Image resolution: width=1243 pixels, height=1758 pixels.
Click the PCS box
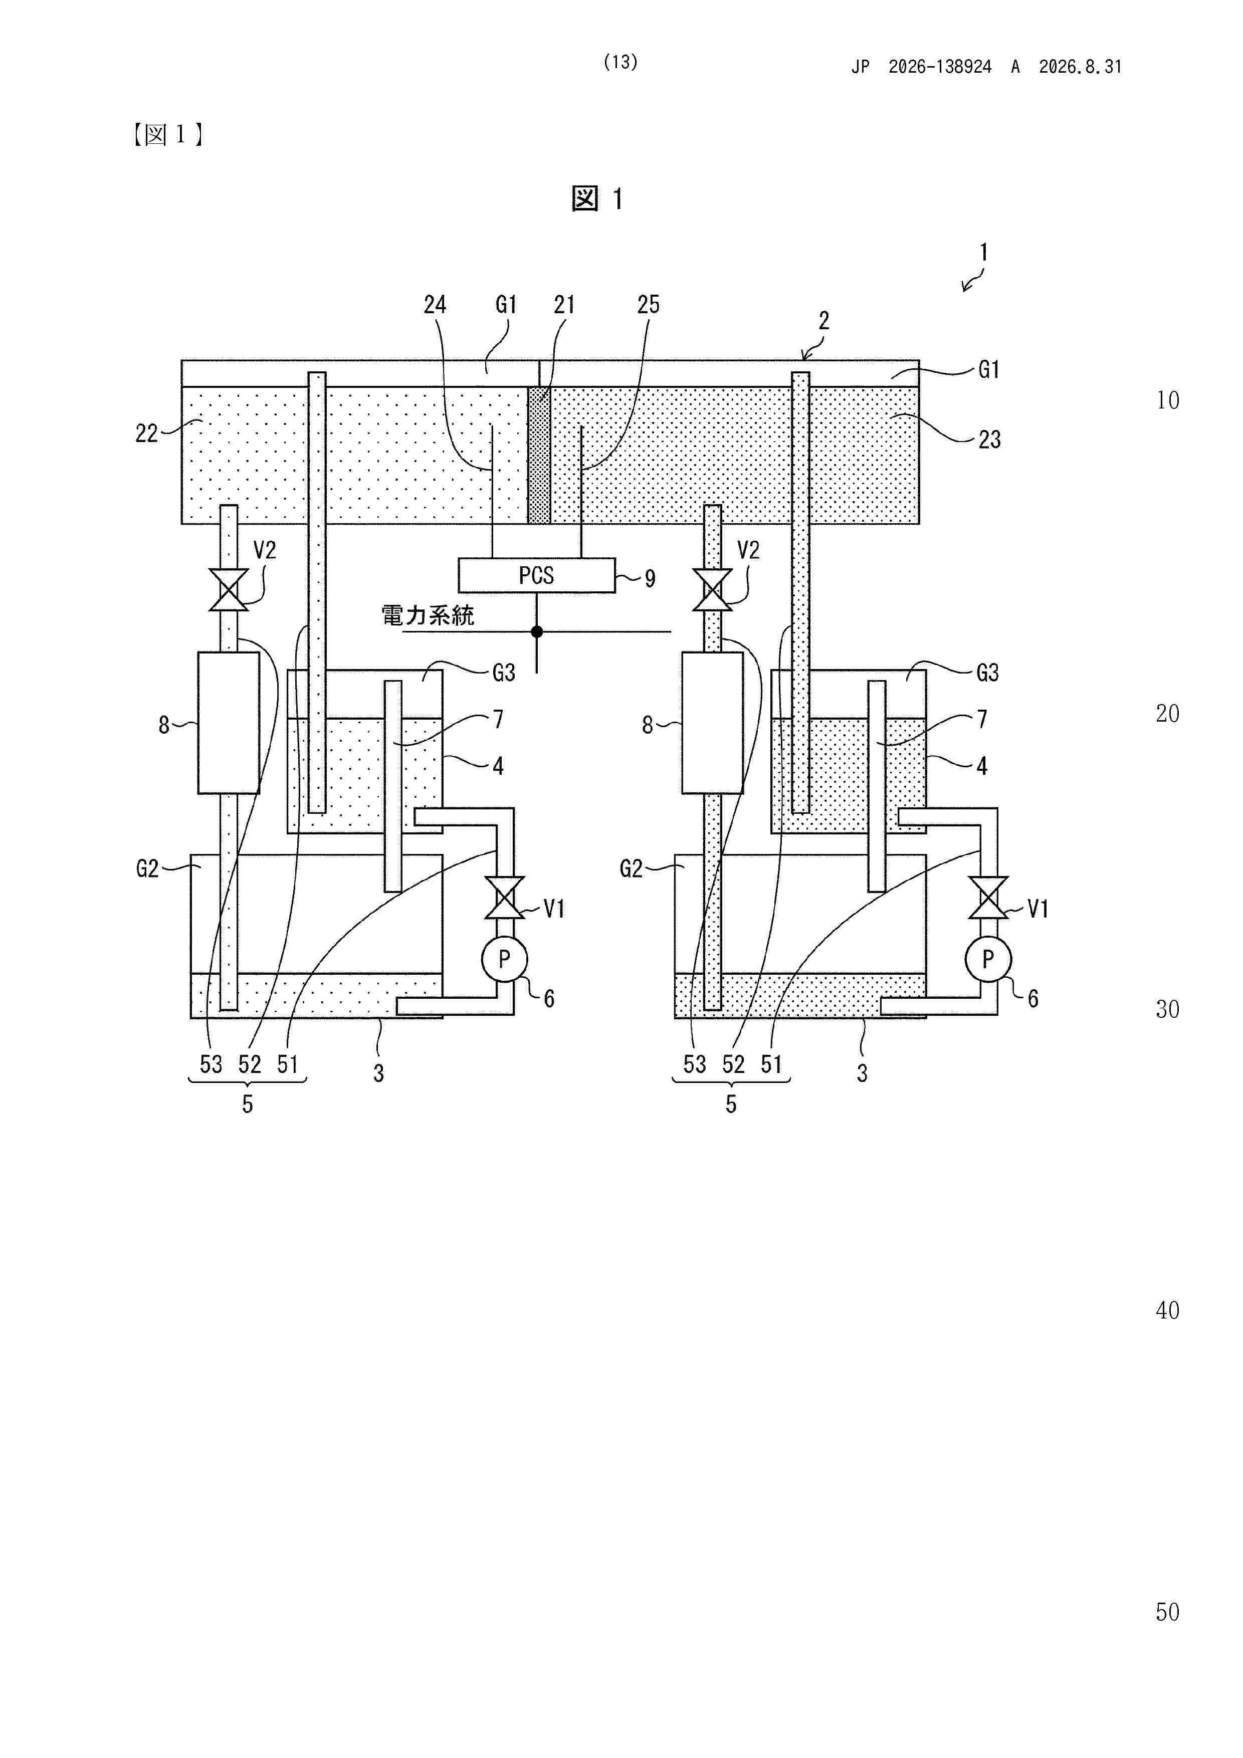point(536,575)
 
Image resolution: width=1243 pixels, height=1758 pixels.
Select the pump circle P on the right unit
point(988,959)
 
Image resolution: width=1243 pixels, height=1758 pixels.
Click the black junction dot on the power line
point(537,631)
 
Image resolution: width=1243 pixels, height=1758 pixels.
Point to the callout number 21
point(564,305)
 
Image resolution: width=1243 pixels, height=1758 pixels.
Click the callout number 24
point(435,305)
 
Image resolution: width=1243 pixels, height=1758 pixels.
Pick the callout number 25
point(648,305)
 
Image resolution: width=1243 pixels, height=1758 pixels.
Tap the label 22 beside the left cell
point(146,433)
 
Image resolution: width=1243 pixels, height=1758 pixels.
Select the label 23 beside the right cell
point(989,439)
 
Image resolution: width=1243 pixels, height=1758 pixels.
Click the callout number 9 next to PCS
point(650,579)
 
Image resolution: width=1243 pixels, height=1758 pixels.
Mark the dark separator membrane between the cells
point(539,455)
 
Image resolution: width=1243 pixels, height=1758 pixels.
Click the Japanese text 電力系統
point(428,615)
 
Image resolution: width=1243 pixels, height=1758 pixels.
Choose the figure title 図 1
point(597,199)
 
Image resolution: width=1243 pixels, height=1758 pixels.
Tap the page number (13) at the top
point(620,62)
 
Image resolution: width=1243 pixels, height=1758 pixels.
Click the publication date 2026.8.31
point(1080,67)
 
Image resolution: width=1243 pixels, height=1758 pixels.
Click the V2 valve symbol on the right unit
point(712,589)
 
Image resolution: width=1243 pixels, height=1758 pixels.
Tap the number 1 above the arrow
point(983,252)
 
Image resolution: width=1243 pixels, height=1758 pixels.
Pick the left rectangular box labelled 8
point(228,723)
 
